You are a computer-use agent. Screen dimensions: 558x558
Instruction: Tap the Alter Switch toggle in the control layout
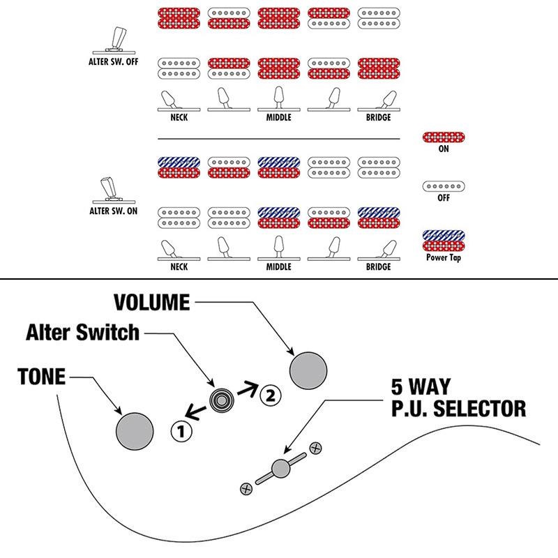(221, 400)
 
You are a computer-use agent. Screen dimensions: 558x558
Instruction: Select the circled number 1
(180, 431)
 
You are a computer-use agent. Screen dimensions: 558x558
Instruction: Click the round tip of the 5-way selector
(281, 469)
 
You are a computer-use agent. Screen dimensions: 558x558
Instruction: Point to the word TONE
(41, 377)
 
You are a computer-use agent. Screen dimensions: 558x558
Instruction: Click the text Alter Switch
(83, 333)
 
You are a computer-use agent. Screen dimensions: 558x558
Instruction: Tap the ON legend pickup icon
(444, 137)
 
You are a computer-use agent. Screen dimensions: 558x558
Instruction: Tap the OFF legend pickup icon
(444, 186)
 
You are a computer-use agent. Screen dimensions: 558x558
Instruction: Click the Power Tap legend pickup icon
(444, 241)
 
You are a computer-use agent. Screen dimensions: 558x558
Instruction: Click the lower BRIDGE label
(378, 266)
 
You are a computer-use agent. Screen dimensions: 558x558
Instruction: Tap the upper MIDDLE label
(278, 118)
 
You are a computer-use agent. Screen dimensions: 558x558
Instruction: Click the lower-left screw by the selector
(246, 489)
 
